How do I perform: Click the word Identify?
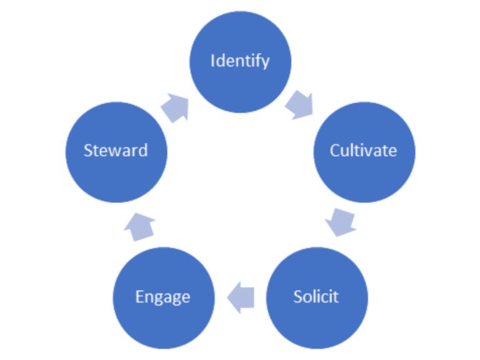pyautogui.click(x=240, y=61)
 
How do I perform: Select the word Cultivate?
pyautogui.click(x=363, y=151)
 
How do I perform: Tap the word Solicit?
pyautogui.click(x=316, y=295)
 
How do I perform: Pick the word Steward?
pyautogui.click(x=116, y=151)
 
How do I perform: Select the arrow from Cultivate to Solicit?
pyautogui.click(x=341, y=222)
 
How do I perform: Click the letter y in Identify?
pyautogui.click(x=266, y=62)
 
